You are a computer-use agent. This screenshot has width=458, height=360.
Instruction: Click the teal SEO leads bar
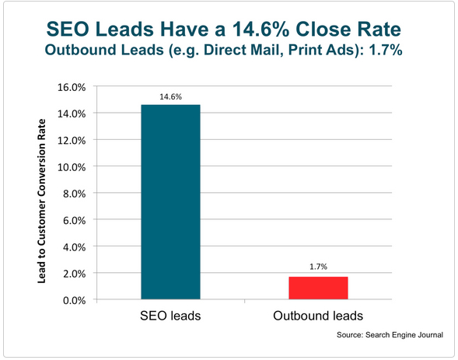[x=170, y=201]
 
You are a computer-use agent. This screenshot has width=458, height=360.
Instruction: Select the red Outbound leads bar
[x=318, y=288]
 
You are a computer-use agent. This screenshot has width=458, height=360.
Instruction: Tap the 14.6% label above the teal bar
[x=170, y=96]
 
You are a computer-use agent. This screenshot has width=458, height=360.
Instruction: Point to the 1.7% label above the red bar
[x=318, y=267]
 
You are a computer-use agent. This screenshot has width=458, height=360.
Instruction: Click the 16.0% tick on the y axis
[x=72, y=87]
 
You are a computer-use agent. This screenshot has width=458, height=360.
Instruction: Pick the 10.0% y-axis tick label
[x=72, y=167]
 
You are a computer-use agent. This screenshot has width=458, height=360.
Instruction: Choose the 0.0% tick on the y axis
[x=74, y=300]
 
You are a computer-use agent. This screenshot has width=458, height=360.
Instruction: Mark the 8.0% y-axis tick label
[x=74, y=194]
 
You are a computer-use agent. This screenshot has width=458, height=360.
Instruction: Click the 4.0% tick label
[x=74, y=247]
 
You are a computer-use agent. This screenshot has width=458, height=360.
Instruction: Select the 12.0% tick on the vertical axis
[x=72, y=141]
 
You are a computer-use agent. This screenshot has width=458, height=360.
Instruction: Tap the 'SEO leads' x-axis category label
[x=170, y=316]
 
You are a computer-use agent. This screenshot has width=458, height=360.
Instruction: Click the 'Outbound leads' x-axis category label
[x=318, y=316]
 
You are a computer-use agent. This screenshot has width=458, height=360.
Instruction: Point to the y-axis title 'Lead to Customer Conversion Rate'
[x=42, y=201]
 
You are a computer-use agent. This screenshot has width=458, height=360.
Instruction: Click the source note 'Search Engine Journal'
[x=404, y=334]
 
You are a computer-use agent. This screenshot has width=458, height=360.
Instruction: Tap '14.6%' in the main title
[x=260, y=30]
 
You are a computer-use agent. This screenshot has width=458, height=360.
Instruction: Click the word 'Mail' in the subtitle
[x=269, y=50]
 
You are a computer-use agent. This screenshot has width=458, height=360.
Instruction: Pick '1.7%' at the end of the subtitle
[x=386, y=50]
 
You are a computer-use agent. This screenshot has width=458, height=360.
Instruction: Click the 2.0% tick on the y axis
[x=74, y=274]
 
